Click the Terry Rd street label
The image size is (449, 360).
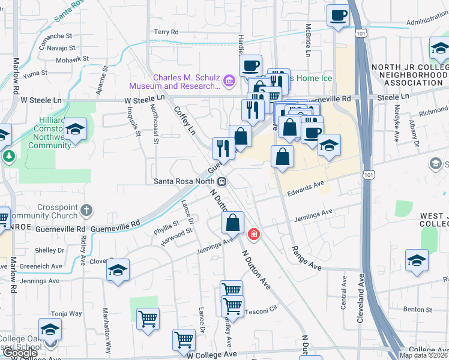pyautogui.click(x=166, y=32)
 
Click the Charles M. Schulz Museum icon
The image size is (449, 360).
pyautogui.click(x=228, y=81)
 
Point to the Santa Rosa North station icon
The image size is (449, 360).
pyautogui.click(x=222, y=181)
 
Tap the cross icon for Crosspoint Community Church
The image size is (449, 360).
pyautogui.click(x=87, y=211)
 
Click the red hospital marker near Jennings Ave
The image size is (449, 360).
pyautogui.click(x=254, y=233)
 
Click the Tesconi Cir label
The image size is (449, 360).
pyautogui.click(x=262, y=311)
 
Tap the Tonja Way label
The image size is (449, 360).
pyautogui.click(x=66, y=313)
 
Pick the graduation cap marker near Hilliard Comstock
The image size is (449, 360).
pyautogui.click(x=76, y=128)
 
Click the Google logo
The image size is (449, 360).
pyautogui.click(x=20, y=353)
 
